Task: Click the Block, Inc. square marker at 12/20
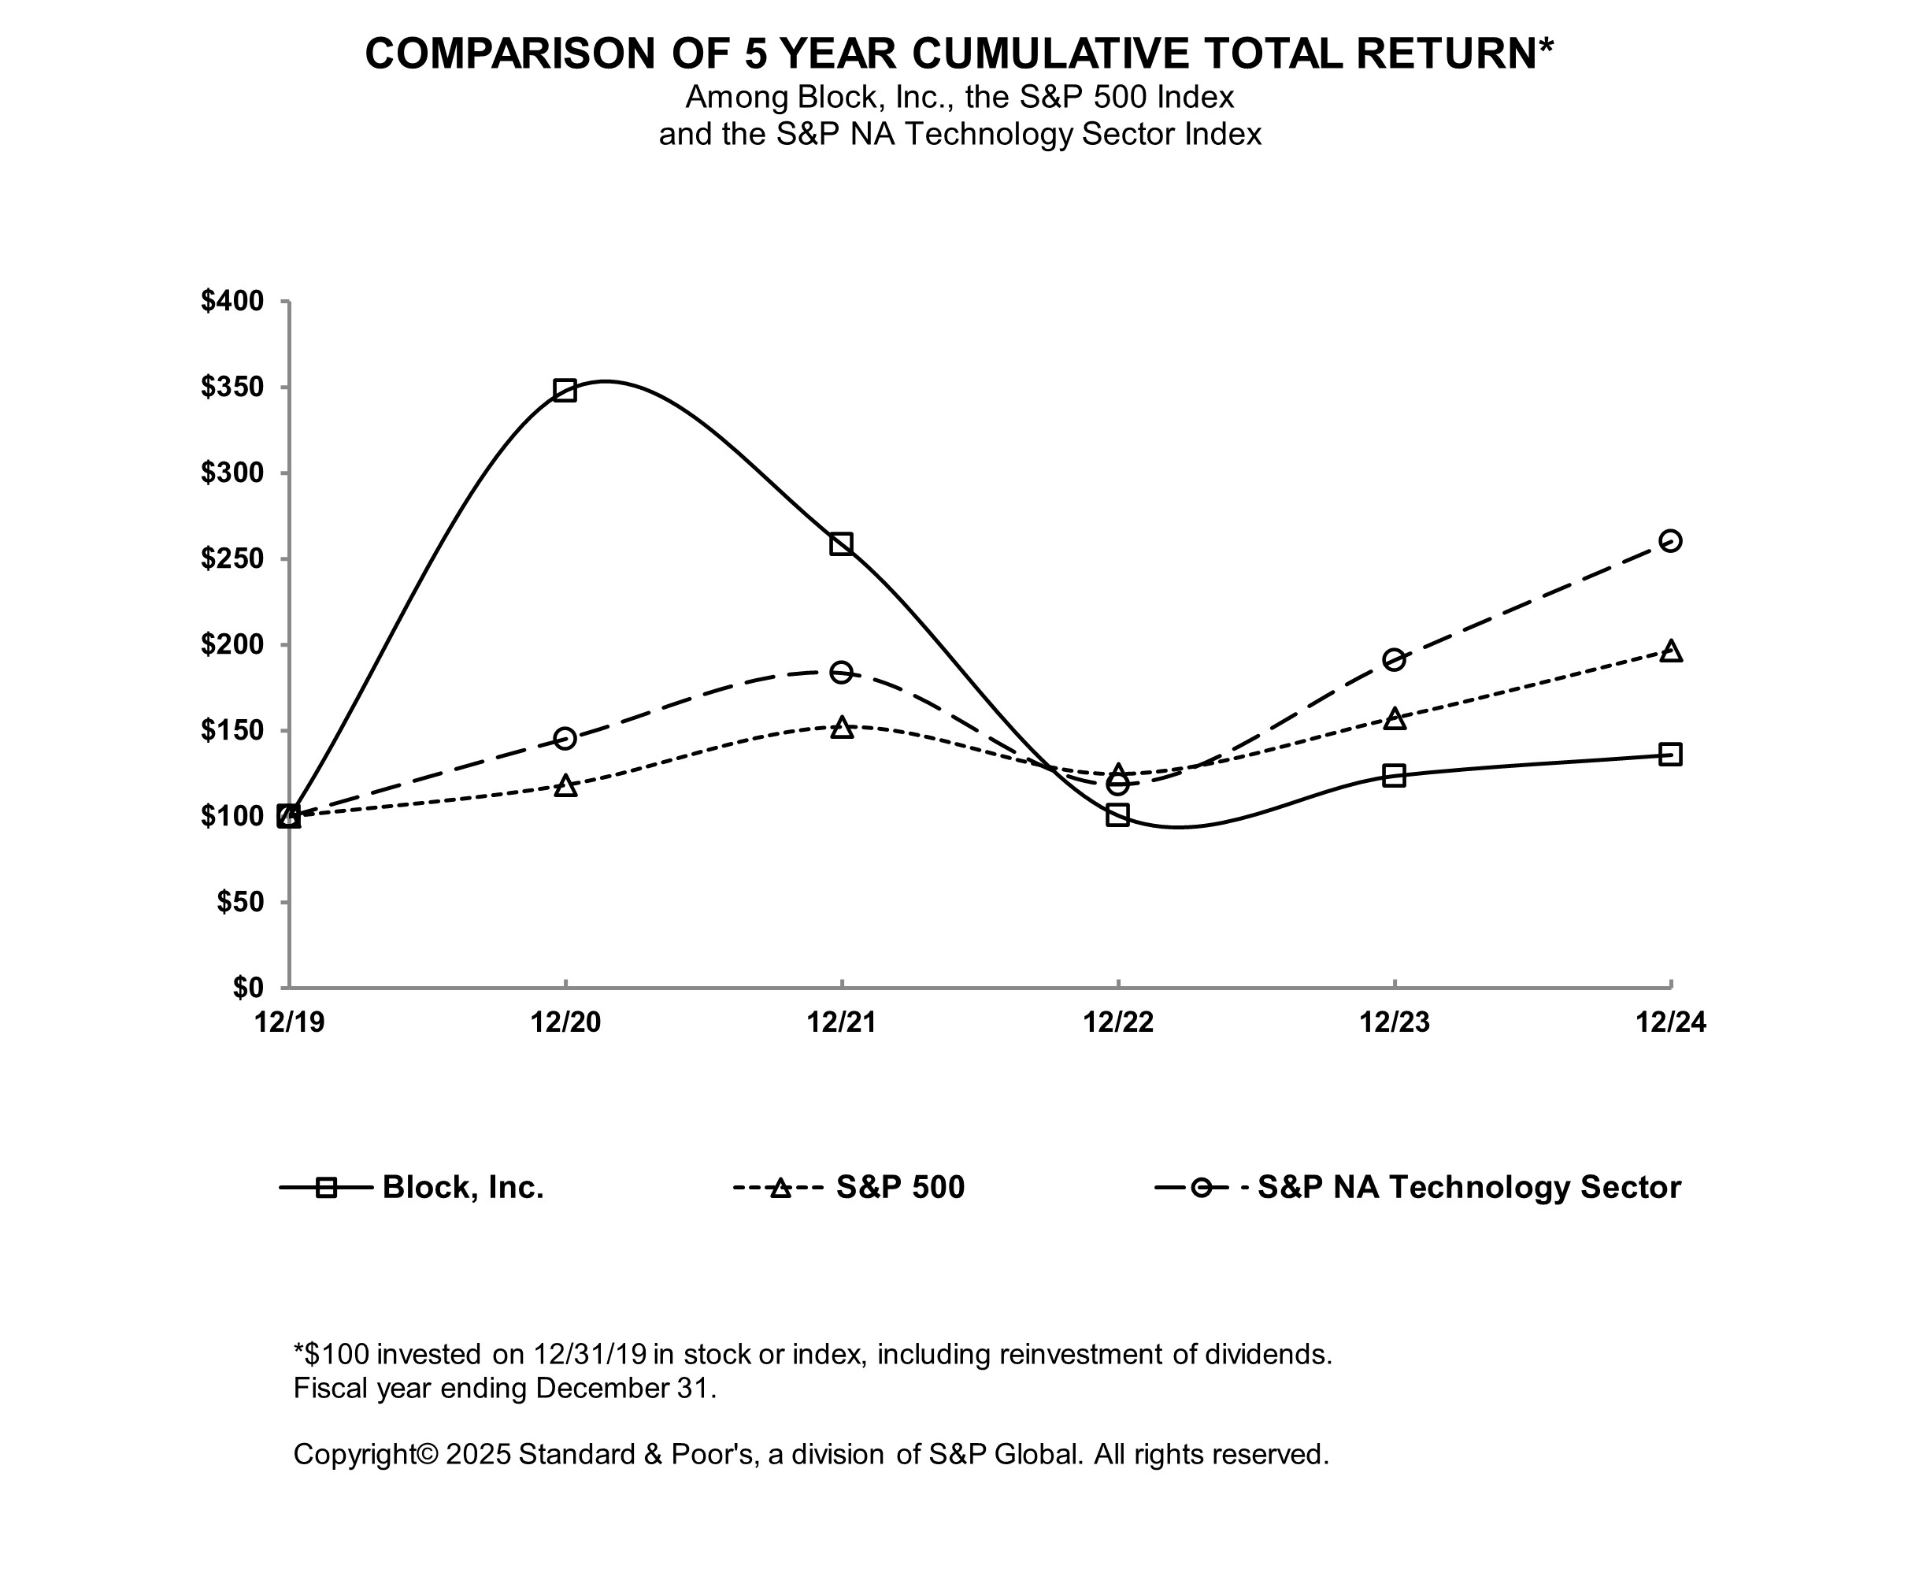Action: pyautogui.click(x=565, y=391)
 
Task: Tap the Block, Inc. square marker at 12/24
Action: pyautogui.click(x=1670, y=754)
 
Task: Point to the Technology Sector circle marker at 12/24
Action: pyautogui.click(x=1670, y=541)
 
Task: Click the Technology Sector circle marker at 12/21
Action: pyautogui.click(x=842, y=673)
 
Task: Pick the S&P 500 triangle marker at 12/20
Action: pyautogui.click(x=565, y=786)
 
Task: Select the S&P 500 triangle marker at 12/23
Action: pyautogui.click(x=1395, y=718)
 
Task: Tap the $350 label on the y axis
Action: pyautogui.click(x=232, y=388)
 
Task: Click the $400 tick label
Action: pyautogui.click(x=232, y=302)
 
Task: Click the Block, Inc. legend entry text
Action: pyautogui.click(x=463, y=1187)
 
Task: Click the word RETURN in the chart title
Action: pyautogui.click(x=1447, y=54)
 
